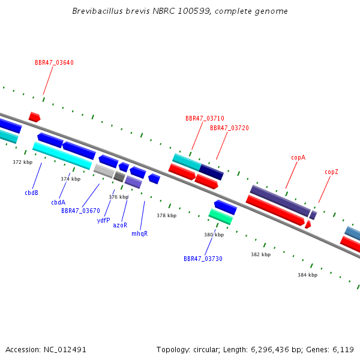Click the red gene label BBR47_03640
(54, 62)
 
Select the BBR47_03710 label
(205, 118)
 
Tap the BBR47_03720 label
(229, 128)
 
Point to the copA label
(298, 157)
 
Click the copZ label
(331, 172)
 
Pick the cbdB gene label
(31, 193)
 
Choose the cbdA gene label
(58, 202)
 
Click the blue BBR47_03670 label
(80, 211)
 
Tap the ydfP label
(104, 220)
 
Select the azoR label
(120, 225)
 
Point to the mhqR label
(140, 234)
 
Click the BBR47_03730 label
(203, 259)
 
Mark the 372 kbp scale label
(23, 162)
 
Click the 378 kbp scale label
(166, 215)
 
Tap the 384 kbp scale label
(307, 275)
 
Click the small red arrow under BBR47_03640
(34, 117)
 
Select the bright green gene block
(221, 217)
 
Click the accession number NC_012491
(65, 350)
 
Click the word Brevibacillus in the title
(97, 11)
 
